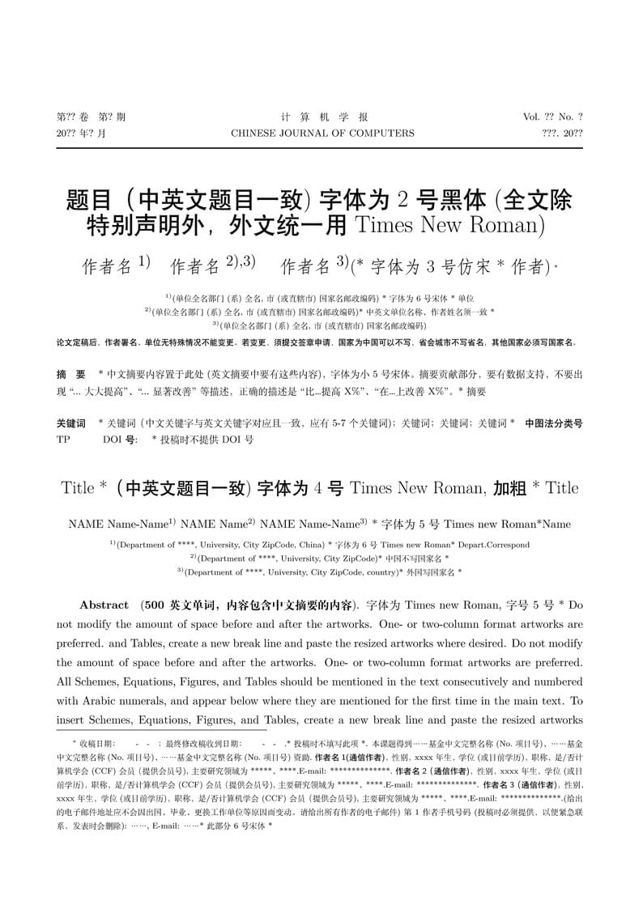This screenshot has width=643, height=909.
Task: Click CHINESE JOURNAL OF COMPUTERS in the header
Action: coord(322,134)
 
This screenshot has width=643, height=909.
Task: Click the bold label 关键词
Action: coord(70,423)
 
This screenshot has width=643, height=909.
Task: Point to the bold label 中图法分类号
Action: coord(553,423)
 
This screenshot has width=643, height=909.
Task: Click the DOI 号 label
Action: coord(119,440)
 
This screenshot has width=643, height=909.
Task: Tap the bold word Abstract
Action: coord(104,605)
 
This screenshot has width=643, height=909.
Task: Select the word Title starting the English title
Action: coord(78,488)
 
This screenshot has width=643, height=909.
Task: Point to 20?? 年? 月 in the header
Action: coord(81,134)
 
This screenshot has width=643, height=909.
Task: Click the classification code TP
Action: coord(63,440)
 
